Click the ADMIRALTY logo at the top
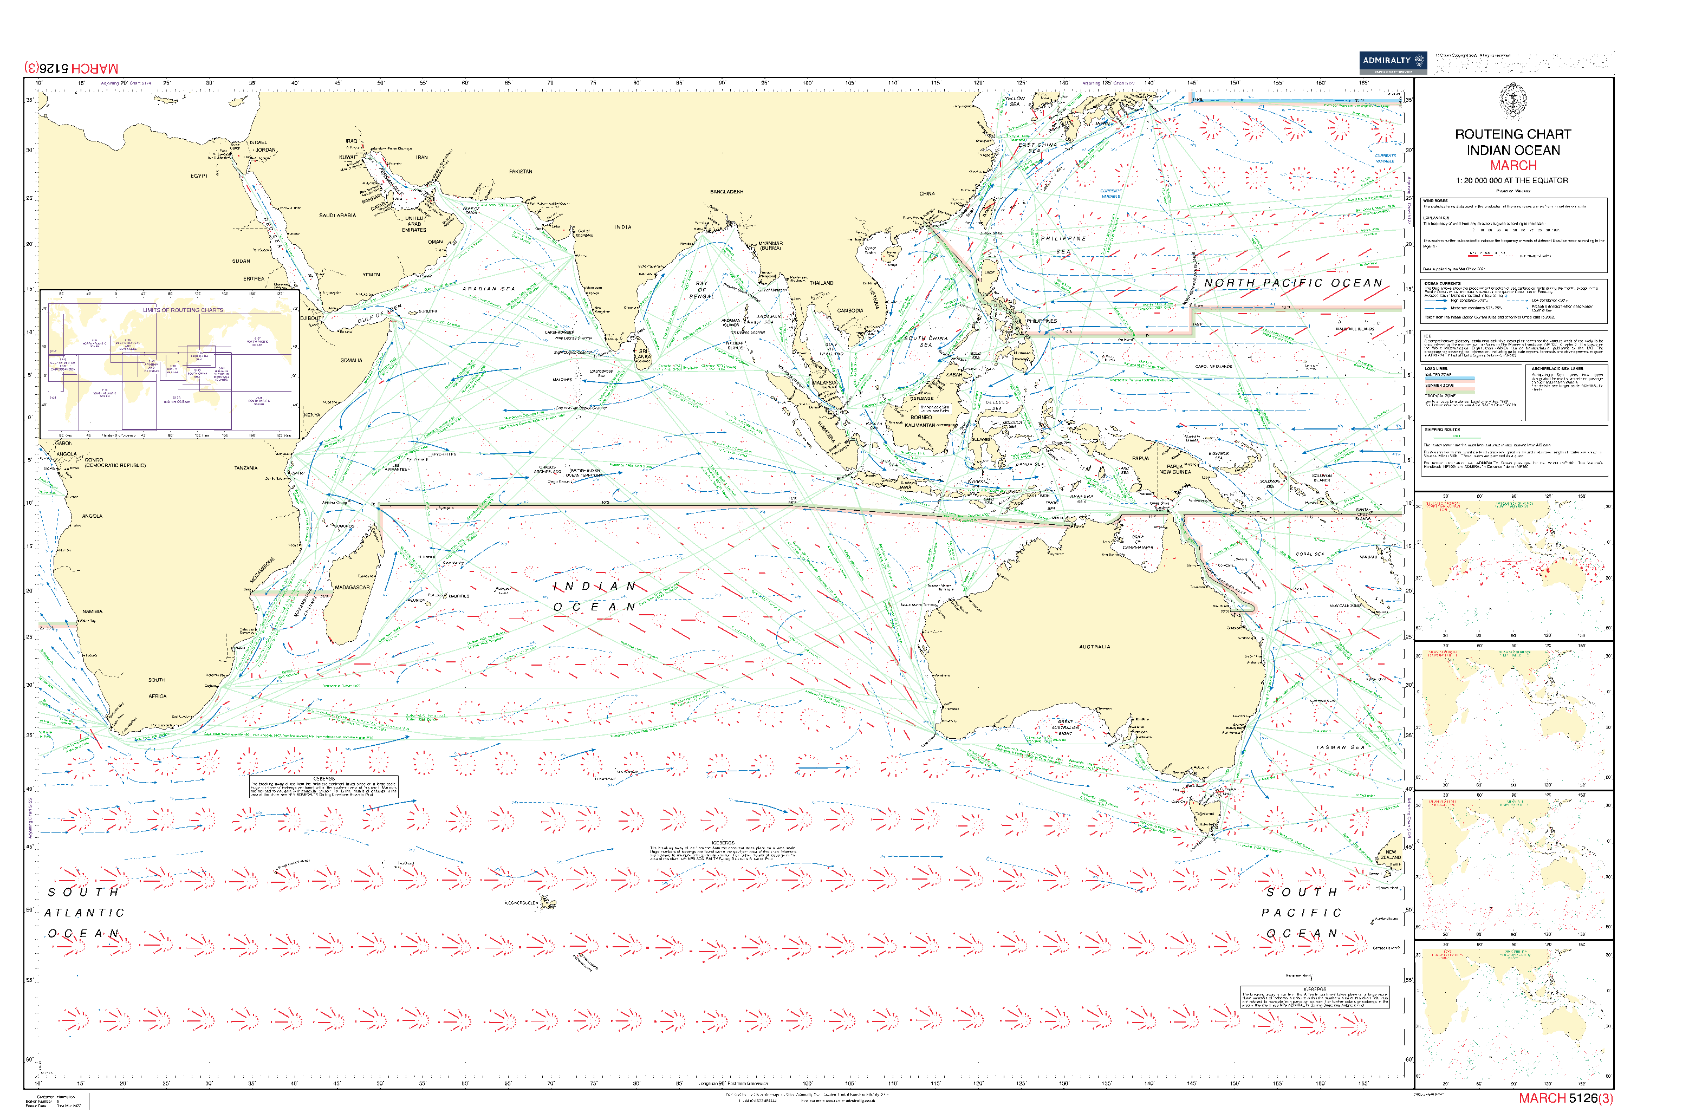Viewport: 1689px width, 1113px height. (1392, 62)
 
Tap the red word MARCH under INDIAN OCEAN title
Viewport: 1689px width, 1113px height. (1512, 165)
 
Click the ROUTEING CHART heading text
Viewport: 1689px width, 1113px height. (1512, 134)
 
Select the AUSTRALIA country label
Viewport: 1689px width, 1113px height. (1094, 647)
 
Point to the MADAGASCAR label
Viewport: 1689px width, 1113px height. (352, 587)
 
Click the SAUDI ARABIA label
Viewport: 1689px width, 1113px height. (337, 215)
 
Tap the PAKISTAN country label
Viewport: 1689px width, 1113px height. (521, 172)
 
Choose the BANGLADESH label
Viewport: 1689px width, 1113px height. (726, 192)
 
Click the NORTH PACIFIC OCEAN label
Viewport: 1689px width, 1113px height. (1293, 283)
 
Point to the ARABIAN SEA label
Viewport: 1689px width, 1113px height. (489, 289)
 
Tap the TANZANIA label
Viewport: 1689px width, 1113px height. (245, 468)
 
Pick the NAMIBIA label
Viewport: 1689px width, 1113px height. (92, 611)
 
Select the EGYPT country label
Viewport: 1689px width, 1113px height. (199, 176)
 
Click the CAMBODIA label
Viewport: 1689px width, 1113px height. (850, 310)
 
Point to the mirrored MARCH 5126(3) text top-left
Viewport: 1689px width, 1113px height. (72, 68)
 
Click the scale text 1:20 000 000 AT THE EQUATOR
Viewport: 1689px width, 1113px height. (1512, 180)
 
